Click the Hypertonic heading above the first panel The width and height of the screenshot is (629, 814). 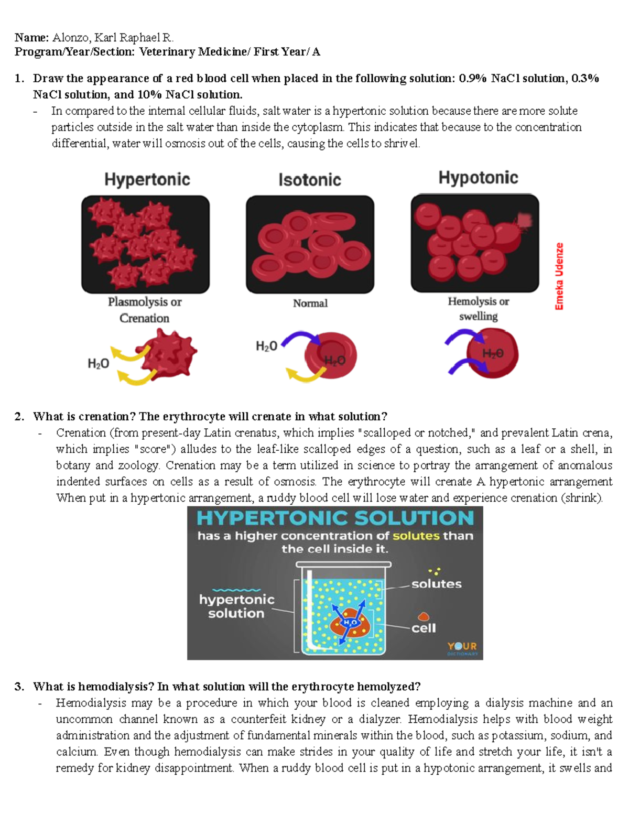pyautogui.click(x=147, y=180)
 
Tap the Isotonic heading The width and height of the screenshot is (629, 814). pyautogui.click(x=310, y=180)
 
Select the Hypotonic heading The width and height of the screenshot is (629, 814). pyautogui.click(x=478, y=178)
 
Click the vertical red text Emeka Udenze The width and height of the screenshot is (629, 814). pyautogui.click(x=559, y=276)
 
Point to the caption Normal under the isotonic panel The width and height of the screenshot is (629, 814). pyautogui.click(x=310, y=303)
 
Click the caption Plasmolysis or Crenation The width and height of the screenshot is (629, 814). pyautogui.click(x=145, y=310)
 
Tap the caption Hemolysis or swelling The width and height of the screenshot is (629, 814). pyautogui.click(x=479, y=309)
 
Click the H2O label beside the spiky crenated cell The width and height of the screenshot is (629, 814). pyautogui.click(x=98, y=364)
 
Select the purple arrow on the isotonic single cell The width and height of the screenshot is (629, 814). pyautogui.click(x=299, y=338)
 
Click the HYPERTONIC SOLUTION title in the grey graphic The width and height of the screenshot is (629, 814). pyautogui.click(x=335, y=518)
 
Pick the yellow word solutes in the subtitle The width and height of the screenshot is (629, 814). pyautogui.click(x=416, y=536)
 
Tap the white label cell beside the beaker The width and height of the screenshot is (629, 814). pyautogui.click(x=424, y=628)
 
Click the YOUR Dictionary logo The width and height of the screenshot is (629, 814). pyautogui.click(x=462, y=648)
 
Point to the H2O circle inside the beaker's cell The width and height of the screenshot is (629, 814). pyautogui.click(x=350, y=622)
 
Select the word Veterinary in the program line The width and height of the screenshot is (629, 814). pyautogui.click(x=167, y=52)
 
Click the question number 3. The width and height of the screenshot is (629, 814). pyautogui.click(x=19, y=687)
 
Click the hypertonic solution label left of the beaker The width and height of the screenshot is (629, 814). pyautogui.click(x=236, y=606)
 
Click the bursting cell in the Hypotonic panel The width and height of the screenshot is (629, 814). pyautogui.click(x=511, y=231)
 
